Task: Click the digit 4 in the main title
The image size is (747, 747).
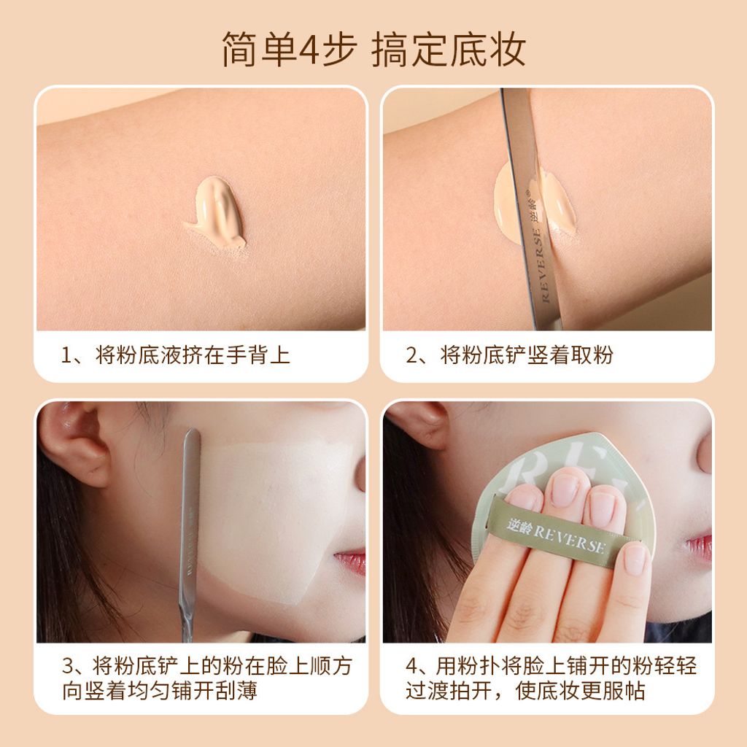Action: click(x=309, y=50)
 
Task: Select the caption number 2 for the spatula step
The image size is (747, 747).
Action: click(x=411, y=356)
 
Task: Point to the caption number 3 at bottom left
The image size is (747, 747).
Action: click(x=68, y=666)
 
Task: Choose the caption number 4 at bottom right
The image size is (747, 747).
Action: click(x=412, y=666)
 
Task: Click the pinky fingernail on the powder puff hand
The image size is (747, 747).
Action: click(x=633, y=559)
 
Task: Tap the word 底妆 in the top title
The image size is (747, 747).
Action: click(x=488, y=50)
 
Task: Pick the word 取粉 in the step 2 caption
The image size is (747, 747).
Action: click(x=592, y=356)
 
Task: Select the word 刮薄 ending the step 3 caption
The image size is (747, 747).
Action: click(x=236, y=691)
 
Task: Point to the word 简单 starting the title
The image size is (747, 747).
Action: click(x=260, y=50)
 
